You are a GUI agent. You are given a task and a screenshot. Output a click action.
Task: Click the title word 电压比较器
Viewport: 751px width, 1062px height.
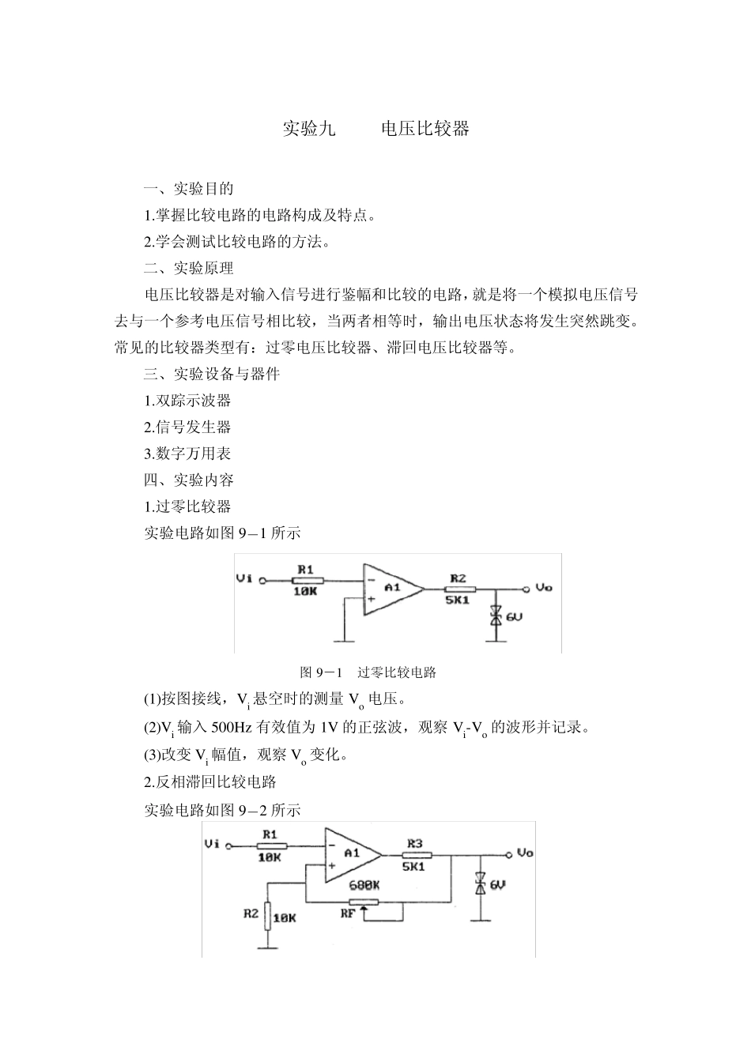(x=425, y=129)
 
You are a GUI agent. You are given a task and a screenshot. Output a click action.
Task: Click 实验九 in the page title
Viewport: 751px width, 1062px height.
(x=309, y=129)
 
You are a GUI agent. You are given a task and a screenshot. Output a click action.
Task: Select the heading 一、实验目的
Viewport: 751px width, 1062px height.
(x=188, y=189)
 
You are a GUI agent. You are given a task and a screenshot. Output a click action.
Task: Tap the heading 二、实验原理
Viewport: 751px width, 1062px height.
(x=188, y=268)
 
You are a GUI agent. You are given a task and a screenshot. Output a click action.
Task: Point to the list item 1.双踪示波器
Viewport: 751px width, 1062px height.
(x=187, y=401)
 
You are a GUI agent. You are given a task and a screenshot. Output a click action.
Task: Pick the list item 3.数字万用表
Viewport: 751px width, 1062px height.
(x=187, y=454)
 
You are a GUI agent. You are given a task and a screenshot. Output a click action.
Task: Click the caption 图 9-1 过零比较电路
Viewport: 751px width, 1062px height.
(x=368, y=673)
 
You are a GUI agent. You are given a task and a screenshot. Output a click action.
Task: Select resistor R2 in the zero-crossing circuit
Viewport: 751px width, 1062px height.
(x=459, y=589)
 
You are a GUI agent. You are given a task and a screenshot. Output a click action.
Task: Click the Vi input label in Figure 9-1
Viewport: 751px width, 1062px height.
(x=244, y=579)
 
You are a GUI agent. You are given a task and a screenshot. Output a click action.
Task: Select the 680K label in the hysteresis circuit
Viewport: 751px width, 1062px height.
(x=364, y=887)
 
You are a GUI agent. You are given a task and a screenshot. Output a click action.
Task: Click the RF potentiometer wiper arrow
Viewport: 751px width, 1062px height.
(x=364, y=913)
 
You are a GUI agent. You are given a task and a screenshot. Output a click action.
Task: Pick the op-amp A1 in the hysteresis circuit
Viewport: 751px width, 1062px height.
(x=350, y=853)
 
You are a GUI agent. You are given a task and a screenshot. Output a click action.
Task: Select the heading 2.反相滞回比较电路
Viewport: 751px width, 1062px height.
(x=210, y=782)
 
